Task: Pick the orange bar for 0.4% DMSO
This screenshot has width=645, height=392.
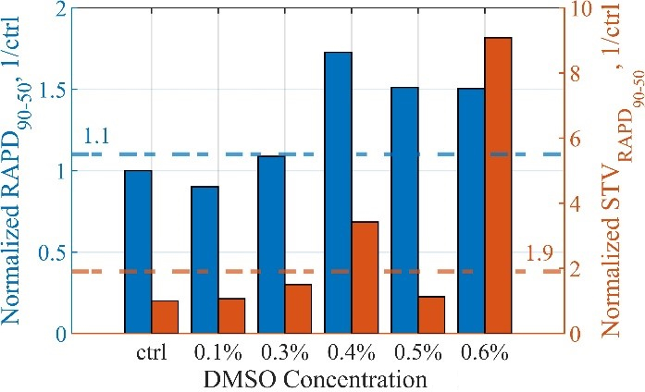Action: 365,277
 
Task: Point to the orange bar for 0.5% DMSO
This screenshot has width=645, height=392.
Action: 431,314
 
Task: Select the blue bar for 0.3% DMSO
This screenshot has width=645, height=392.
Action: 271,244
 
